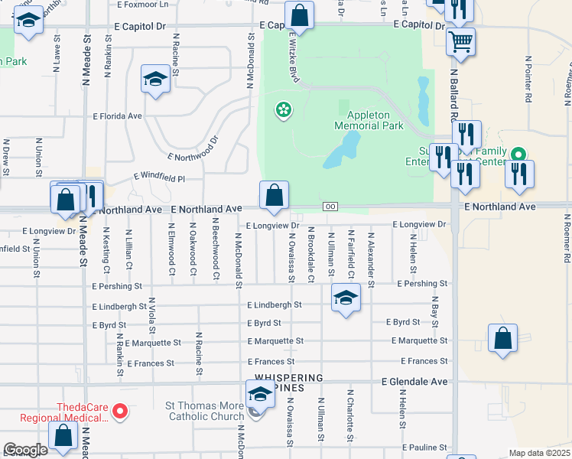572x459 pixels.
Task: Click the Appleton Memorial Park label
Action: click(370, 119)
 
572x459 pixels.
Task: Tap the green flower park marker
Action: click(284, 111)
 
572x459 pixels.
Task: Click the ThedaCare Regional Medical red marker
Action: click(120, 412)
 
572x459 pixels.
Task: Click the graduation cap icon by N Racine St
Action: click(155, 79)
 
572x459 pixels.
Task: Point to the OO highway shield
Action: click(330, 207)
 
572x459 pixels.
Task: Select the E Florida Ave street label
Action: click(118, 116)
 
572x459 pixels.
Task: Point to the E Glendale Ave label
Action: click(415, 381)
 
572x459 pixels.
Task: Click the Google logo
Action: click(26, 450)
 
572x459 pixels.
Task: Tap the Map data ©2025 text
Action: click(539, 453)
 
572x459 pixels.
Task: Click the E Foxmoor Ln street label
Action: click(142, 4)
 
